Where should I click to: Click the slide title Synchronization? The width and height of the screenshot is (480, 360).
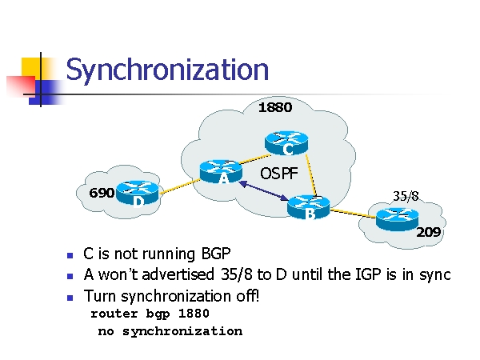tap(167, 70)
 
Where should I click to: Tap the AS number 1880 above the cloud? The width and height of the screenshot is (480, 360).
tap(274, 107)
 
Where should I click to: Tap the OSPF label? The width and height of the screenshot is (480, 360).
tap(279, 173)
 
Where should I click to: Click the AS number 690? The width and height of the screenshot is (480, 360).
tap(102, 193)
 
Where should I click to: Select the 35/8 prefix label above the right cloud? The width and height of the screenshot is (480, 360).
tap(406, 195)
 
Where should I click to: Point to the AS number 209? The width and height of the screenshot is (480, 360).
tap(429, 233)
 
